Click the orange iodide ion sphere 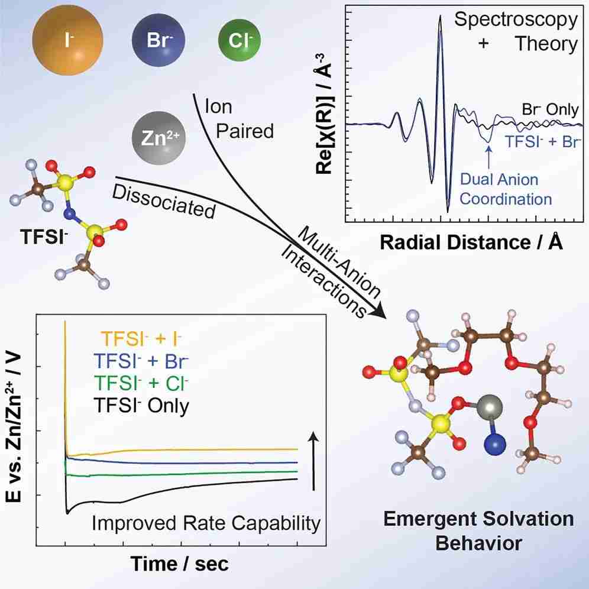(67, 40)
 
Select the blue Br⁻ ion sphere (158, 40)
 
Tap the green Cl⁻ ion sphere (240, 40)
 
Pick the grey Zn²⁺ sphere (158, 138)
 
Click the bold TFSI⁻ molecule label (44, 237)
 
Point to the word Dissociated (164, 202)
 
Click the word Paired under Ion (245, 131)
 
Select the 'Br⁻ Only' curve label (551, 109)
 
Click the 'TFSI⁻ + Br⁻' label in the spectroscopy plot (543, 141)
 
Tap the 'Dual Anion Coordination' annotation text (506, 189)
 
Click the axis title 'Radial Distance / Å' (471, 242)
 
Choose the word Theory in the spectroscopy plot (546, 44)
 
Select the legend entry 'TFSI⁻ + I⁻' (141, 339)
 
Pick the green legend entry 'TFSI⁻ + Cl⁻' (141, 383)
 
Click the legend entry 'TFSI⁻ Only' (141, 406)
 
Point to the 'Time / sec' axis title (180, 564)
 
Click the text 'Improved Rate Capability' (206, 523)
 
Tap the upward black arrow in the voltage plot (313, 461)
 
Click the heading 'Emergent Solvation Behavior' (478, 531)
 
